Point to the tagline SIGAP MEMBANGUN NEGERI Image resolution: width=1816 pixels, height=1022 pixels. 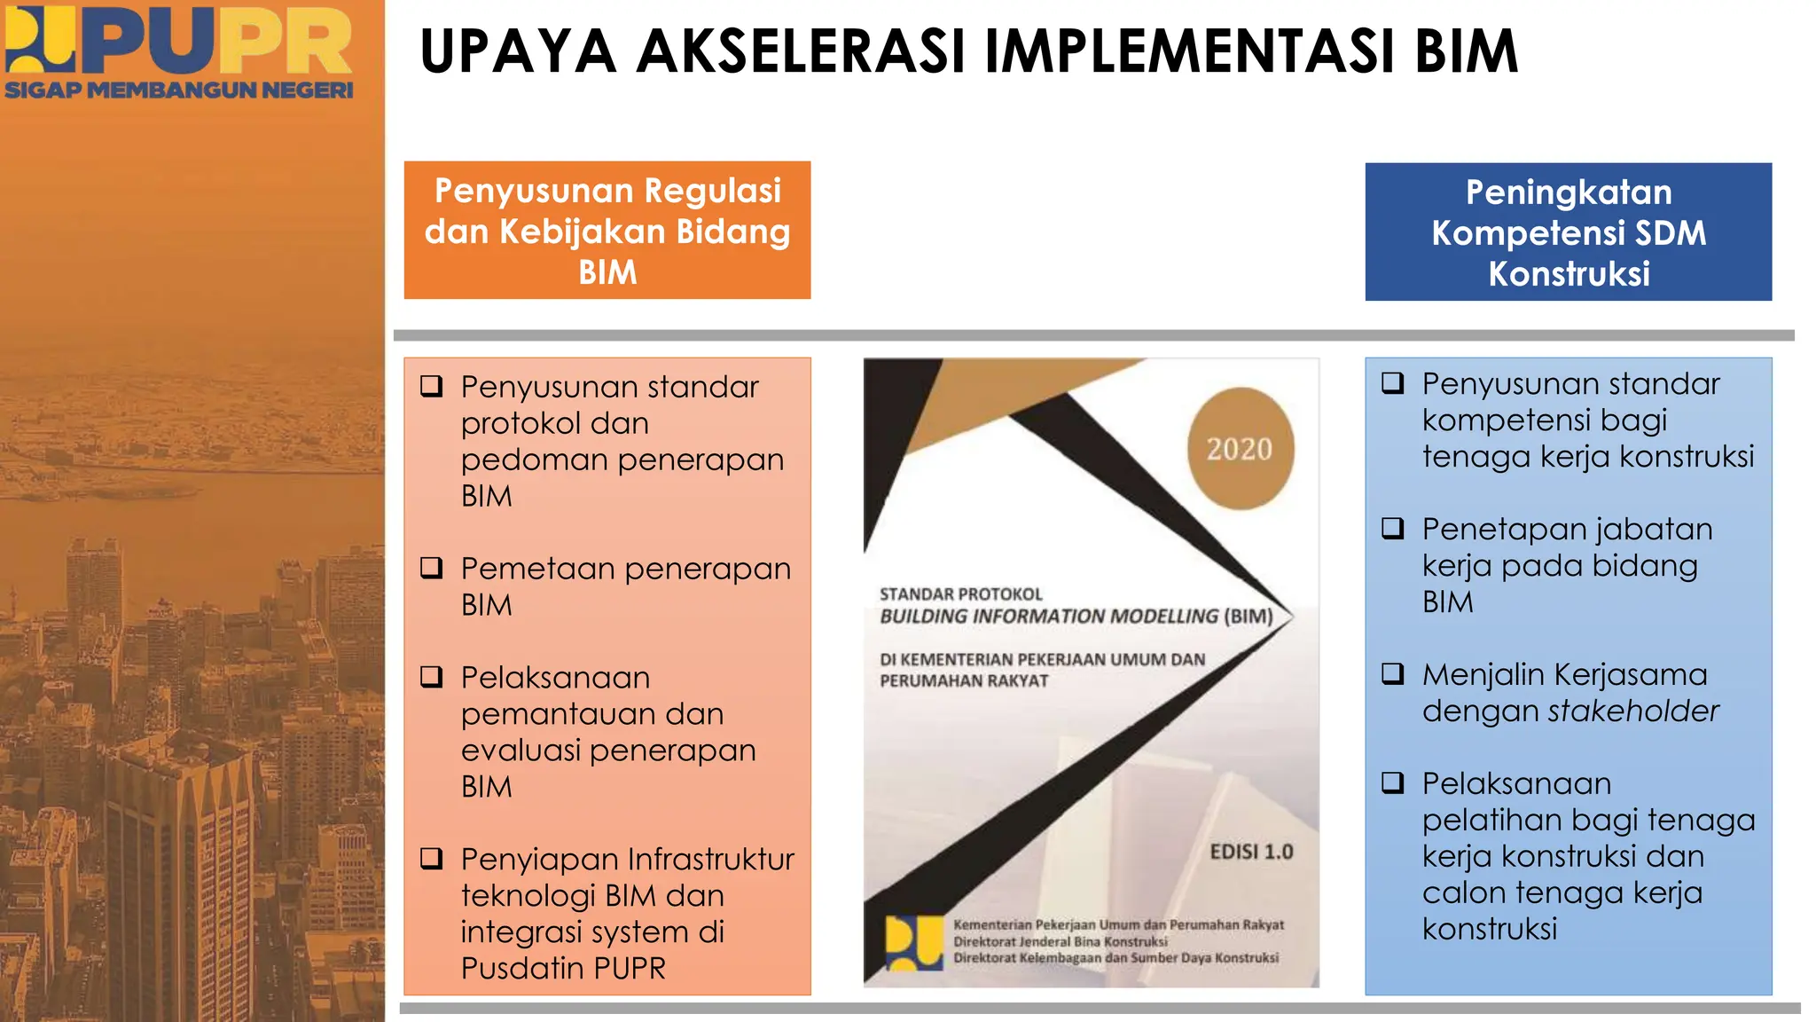[x=178, y=90]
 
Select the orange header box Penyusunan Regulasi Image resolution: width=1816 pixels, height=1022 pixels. [x=607, y=231]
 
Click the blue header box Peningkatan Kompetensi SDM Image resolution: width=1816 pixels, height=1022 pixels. [x=1568, y=232]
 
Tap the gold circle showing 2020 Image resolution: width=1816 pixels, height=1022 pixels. [x=1240, y=449]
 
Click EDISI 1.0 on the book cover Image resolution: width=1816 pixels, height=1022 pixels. [x=1251, y=852]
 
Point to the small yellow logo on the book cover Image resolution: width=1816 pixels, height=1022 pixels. [x=913, y=943]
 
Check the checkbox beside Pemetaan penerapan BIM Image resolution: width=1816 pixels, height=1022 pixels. [x=432, y=568]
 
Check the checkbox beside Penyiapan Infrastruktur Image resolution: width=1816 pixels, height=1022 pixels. [x=432, y=859]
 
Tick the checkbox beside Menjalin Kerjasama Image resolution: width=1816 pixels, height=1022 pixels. [x=1393, y=674]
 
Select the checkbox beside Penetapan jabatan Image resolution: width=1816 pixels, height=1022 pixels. [x=1393, y=529]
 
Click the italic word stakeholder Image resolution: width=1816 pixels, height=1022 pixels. [x=1632, y=711]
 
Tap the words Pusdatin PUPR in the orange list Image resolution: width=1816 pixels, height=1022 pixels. [x=563, y=968]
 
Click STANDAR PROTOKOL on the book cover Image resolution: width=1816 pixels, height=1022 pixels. [x=960, y=594]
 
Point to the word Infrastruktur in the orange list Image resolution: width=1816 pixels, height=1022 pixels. [x=711, y=859]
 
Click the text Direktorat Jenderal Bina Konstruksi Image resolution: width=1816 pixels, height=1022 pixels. [x=1060, y=941]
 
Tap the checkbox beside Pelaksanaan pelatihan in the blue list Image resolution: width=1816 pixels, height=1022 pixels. [x=1393, y=783]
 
